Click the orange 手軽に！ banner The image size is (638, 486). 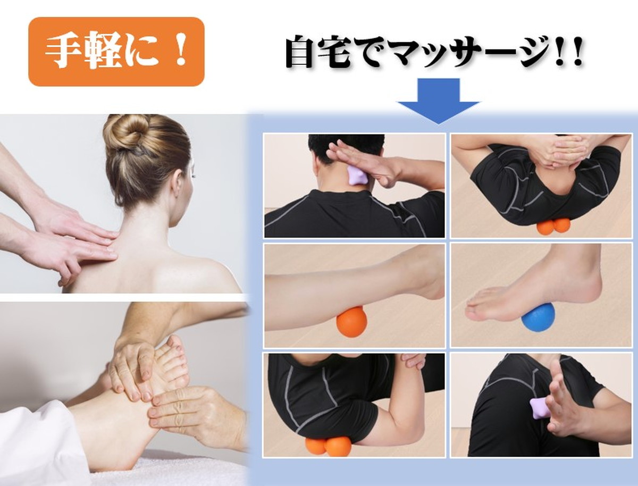click(x=116, y=52)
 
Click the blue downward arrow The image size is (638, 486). click(x=439, y=100)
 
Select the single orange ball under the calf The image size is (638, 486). click(x=352, y=322)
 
